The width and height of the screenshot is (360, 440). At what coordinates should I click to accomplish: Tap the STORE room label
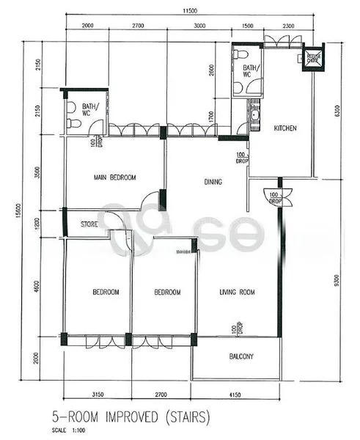coord(89,224)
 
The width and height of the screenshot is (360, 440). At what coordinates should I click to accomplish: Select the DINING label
coord(213,182)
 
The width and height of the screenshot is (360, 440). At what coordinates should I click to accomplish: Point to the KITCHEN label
coord(285,128)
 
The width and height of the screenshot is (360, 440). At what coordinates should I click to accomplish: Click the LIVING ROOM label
coord(237,293)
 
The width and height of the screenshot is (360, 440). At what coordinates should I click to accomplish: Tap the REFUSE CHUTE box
coord(314,57)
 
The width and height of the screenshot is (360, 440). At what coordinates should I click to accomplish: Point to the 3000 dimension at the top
coord(199,26)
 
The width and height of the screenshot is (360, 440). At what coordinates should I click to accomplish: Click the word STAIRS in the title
coord(180,418)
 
